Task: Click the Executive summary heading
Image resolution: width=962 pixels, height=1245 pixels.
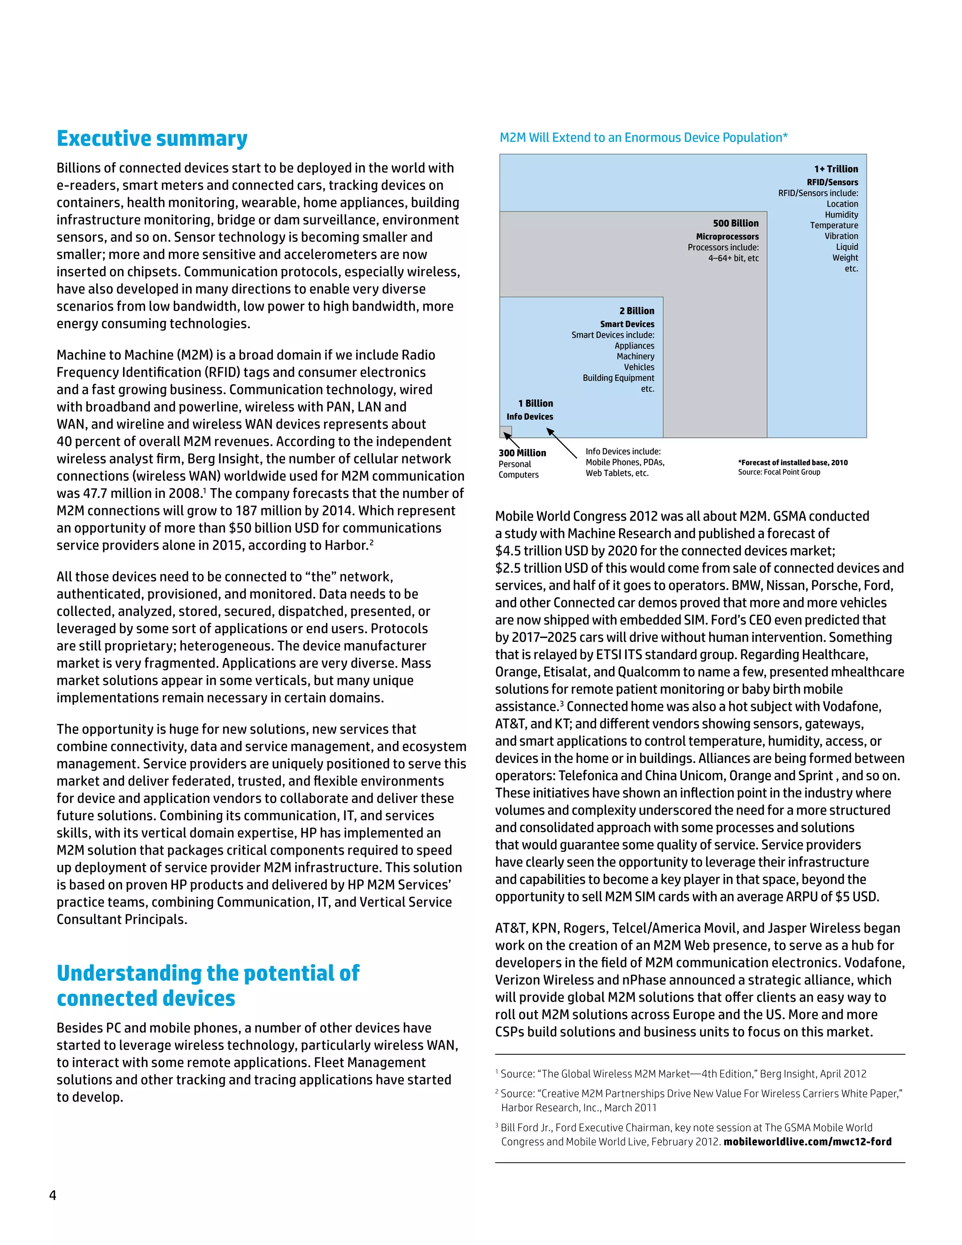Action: click(152, 139)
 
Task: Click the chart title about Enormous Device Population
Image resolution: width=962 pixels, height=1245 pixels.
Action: click(643, 137)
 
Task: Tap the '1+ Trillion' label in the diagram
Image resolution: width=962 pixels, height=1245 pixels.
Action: click(836, 169)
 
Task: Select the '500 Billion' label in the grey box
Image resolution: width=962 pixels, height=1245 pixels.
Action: click(735, 223)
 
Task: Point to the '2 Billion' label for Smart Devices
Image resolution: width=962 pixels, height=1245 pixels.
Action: click(636, 311)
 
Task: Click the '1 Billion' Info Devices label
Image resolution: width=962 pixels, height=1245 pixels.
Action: click(535, 403)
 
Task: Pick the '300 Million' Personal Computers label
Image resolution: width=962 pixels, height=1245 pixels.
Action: click(522, 452)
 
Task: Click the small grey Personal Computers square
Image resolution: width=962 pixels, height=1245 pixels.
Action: click(505, 432)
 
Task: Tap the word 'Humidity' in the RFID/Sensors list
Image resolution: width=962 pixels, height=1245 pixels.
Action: click(841, 214)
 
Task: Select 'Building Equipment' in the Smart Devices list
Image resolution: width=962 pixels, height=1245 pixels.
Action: click(618, 378)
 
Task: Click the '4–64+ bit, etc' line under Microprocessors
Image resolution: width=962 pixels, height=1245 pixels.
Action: click(733, 258)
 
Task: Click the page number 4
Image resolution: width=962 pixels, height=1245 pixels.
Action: click(53, 1195)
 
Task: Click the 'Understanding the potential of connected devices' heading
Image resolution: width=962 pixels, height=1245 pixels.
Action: click(208, 985)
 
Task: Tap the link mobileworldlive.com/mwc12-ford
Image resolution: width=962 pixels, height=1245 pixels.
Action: click(807, 1141)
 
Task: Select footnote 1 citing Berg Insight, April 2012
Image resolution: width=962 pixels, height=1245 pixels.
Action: click(683, 1074)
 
